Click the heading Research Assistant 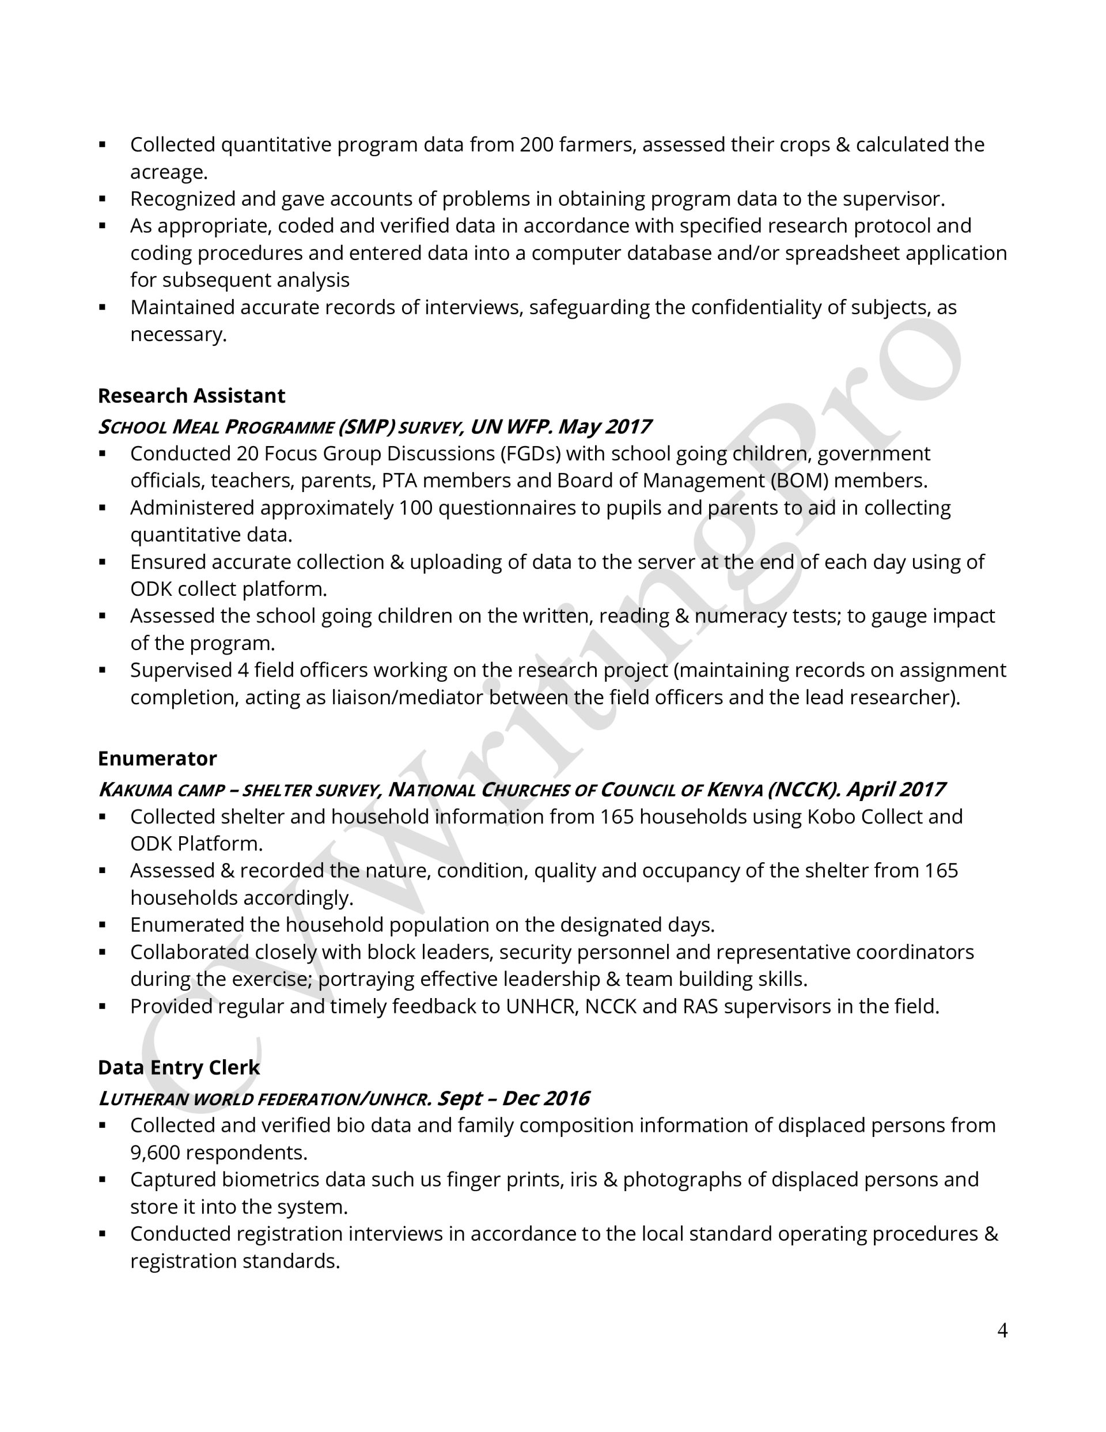click(x=191, y=396)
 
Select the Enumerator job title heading click(x=157, y=758)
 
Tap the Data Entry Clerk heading click(x=179, y=1067)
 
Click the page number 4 click(x=1002, y=1331)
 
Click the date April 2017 click(x=896, y=789)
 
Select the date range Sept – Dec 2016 click(x=513, y=1098)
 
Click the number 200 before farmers click(x=537, y=145)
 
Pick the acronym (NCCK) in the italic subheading click(x=804, y=789)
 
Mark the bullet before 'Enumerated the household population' click(x=103, y=925)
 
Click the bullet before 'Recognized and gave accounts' click(x=103, y=199)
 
